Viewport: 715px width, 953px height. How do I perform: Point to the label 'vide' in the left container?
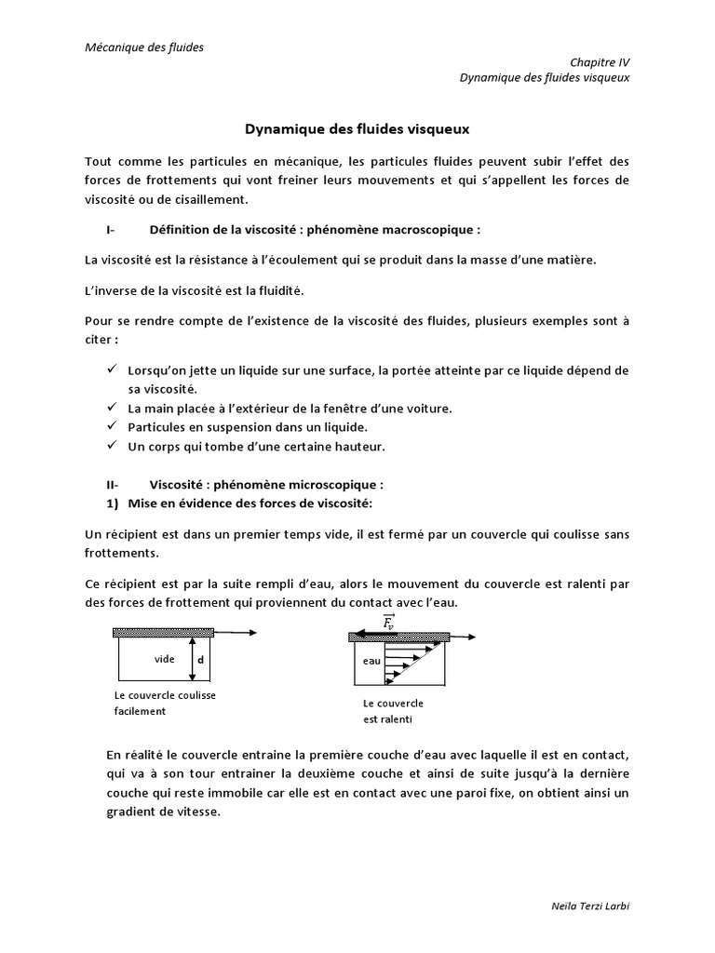pos(165,659)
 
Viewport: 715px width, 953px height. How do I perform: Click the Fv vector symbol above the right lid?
pos(389,621)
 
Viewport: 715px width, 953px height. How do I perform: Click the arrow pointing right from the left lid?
pos(236,633)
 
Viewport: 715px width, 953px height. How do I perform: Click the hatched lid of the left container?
pos(163,633)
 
